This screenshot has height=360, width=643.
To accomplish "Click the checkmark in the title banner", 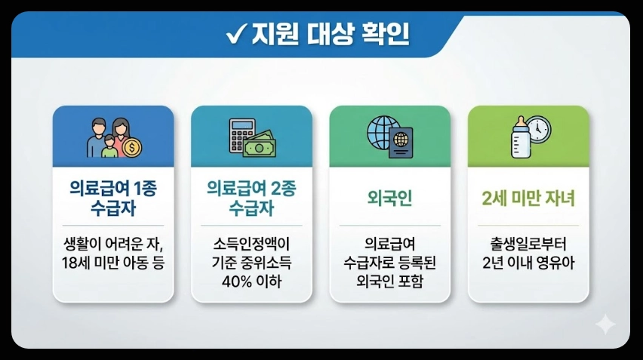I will pos(234,35).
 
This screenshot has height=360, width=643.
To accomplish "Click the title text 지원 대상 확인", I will pos(326,35).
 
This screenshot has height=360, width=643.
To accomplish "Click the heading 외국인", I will pos(389,199).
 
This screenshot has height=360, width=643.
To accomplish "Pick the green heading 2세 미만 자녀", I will pos(528,199).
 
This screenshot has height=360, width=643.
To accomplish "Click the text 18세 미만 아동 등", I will pos(113,263).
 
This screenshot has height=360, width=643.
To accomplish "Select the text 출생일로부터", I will pos(528,244).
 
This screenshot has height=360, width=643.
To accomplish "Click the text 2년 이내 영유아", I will pos(528,263).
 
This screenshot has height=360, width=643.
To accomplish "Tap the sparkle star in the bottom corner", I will pos(605,325).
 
